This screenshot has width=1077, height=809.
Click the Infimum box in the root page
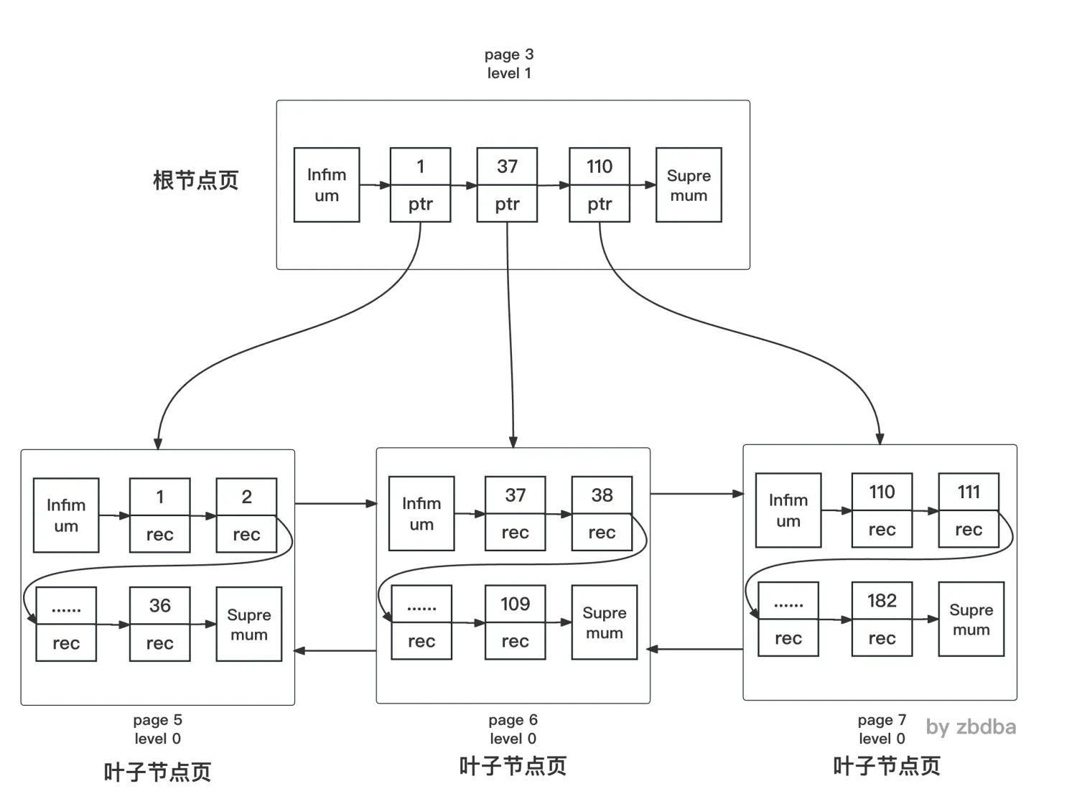327,184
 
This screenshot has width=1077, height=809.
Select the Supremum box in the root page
689,184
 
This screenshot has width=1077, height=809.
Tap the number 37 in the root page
507,167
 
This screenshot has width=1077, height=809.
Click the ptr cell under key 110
600,205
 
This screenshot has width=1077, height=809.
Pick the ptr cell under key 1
420,205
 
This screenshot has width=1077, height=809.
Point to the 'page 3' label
509,55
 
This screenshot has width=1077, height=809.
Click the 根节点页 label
195,179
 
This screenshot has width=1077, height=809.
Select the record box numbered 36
159,624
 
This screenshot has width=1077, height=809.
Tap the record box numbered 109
515,622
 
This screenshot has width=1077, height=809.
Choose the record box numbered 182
882,619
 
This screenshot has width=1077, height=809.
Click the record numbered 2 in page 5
246,515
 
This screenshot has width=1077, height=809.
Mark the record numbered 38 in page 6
602,513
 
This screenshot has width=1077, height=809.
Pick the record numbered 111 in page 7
969,510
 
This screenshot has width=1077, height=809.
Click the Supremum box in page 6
605,622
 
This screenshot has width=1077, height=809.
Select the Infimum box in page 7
788,510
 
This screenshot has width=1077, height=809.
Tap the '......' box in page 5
66,624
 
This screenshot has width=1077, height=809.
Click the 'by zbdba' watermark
971,727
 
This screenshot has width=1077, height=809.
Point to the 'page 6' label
513,720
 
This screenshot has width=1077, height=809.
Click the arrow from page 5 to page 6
335,503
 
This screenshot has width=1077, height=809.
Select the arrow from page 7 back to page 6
696,649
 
